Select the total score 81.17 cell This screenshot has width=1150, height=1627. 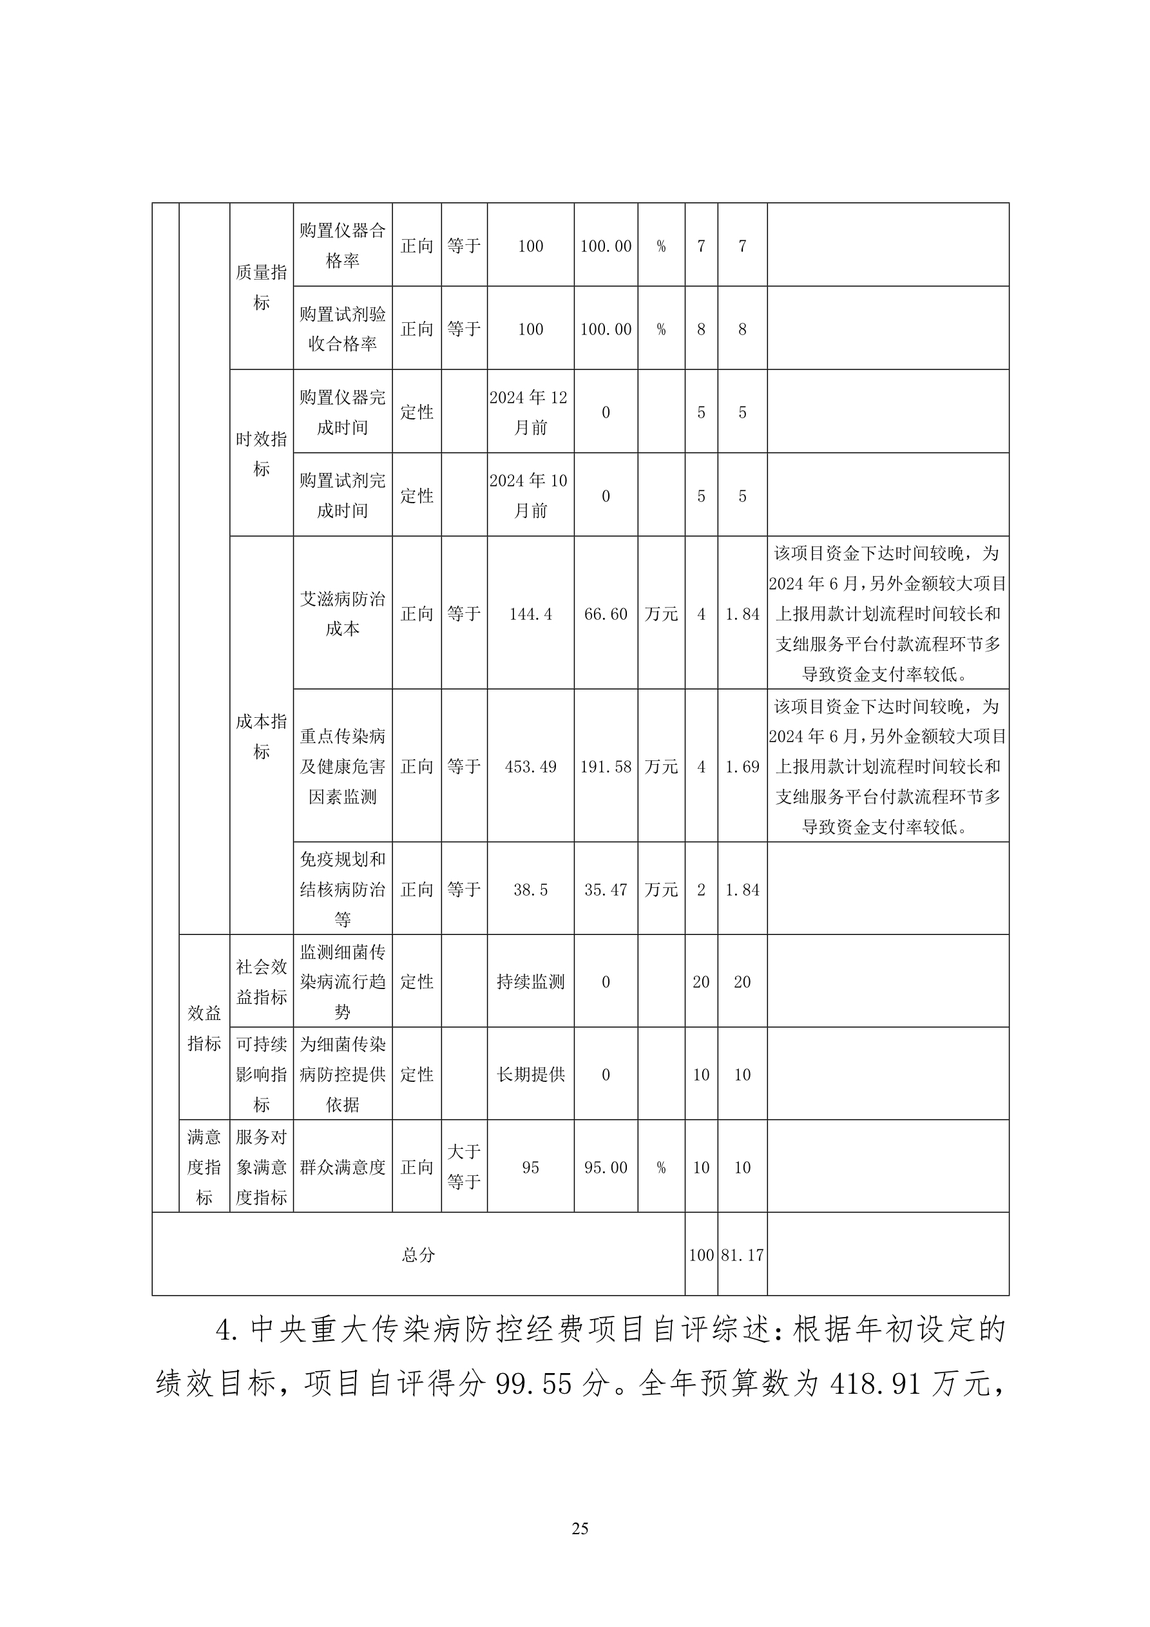coord(742,1255)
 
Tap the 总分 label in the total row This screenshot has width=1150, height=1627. coord(418,1255)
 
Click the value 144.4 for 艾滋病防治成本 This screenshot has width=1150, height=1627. coord(530,613)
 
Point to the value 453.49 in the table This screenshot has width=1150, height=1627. coord(530,767)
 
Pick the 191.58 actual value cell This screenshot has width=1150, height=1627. coord(605,767)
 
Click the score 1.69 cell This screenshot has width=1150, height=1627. coord(742,767)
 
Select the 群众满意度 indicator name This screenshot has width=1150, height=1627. coord(342,1167)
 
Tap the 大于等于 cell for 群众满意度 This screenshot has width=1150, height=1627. coord(463,1167)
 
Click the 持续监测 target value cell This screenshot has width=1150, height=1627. coord(530,982)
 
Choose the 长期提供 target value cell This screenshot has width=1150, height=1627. coord(530,1075)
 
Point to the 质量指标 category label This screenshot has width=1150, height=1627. coord(261,287)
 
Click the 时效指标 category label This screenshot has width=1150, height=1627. coord(261,454)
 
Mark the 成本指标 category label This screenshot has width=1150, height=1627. coord(261,736)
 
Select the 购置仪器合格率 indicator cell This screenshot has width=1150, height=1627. coord(342,245)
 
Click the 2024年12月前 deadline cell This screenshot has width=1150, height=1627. coord(530,412)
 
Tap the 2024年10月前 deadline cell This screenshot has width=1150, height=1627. coord(530,496)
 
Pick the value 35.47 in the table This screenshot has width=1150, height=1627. coord(605,890)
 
